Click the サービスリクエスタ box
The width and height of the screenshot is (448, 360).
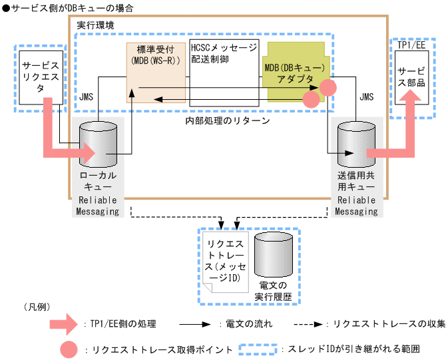[x=41, y=76]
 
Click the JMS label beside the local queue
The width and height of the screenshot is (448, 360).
[x=87, y=97]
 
